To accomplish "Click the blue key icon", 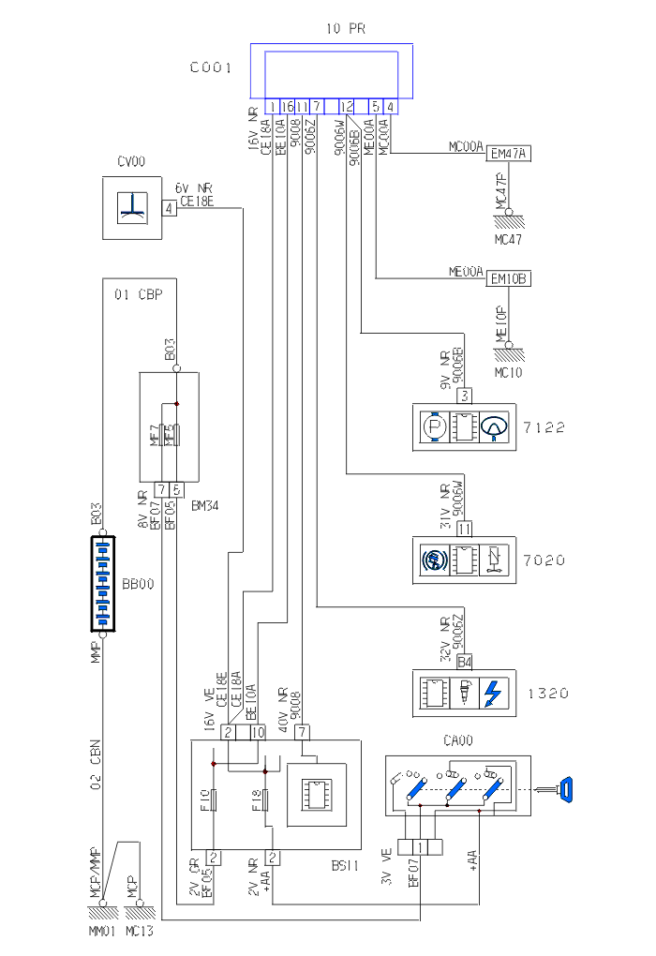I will coord(566,789).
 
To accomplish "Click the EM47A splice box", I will coord(509,154).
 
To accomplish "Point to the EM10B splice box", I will coord(509,278).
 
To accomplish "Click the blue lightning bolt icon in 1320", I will coord(495,694).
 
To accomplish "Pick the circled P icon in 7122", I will coord(432,427).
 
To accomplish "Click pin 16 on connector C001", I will coord(287,107).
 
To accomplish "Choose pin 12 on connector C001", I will coord(347,107).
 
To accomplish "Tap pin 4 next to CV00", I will coord(169,208).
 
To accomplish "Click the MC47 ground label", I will coord(508,239).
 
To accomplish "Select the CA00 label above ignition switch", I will coord(459,740).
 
